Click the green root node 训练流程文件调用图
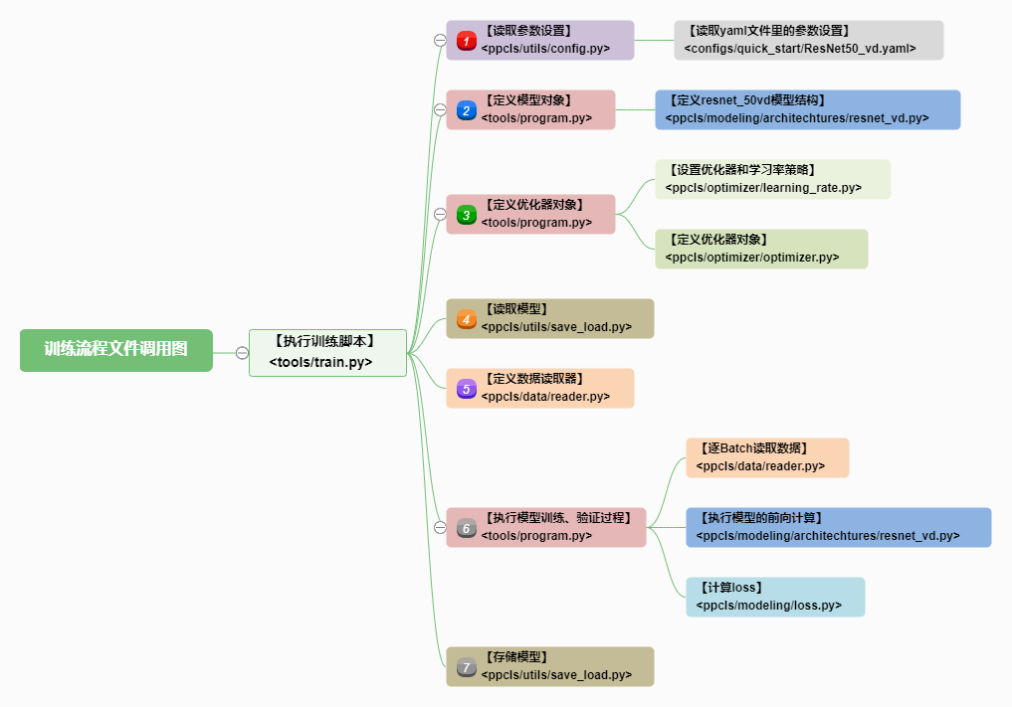[116, 350]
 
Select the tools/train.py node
[327, 353]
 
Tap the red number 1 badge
[466, 41]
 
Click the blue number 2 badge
[466, 110]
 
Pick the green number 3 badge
[466, 215]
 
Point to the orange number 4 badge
[466, 319]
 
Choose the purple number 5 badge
[466, 389]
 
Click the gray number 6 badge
[466, 528]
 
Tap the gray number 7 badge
[466, 667]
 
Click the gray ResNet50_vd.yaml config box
[809, 40]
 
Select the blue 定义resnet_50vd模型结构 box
[807, 109]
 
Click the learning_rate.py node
[772, 179]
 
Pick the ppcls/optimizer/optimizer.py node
[761, 249]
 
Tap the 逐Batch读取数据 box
[767, 458]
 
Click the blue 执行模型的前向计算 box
[839, 528]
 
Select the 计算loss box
[775, 598]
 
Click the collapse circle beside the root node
[242, 353]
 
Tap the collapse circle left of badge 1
[440, 40]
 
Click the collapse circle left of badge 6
[440, 528]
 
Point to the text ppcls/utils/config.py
[545, 49]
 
